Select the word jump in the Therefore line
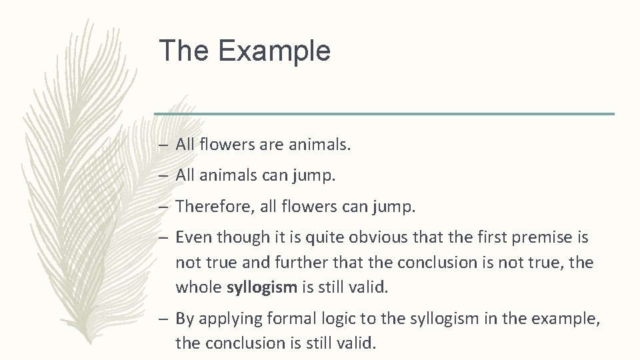click(x=397, y=208)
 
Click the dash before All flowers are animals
click(x=164, y=144)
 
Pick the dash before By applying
click(x=164, y=319)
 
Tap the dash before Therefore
click(x=164, y=208)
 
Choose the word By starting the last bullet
click(x=184, y=319)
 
